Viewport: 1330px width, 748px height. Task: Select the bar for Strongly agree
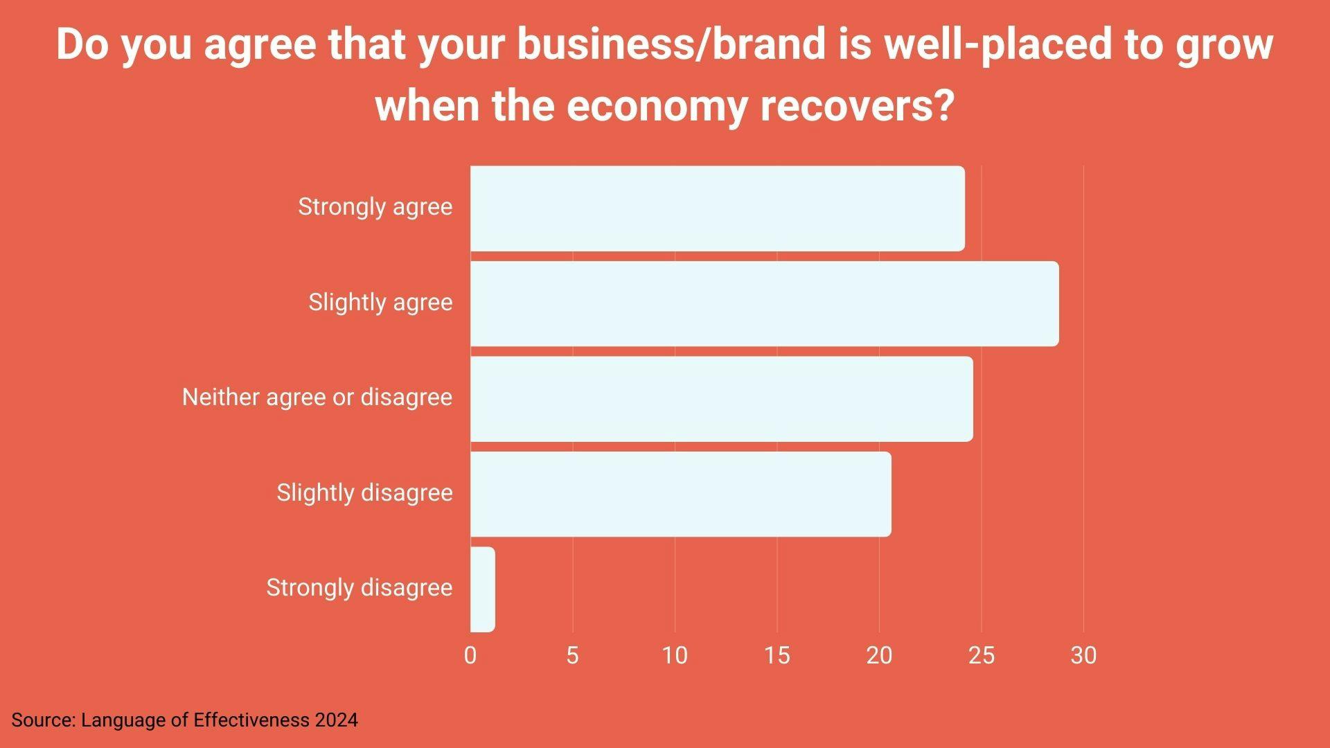[x=717, y=208]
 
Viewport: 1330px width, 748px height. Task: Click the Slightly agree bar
[x=764, y=303]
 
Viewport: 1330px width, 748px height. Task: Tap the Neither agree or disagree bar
[x=721, y=398]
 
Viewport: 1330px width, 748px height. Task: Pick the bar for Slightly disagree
[x=680, y=494]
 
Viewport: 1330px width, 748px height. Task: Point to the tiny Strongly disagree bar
[x=483, y=589]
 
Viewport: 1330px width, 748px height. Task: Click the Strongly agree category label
[x=375, y=206]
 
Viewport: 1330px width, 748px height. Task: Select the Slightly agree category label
[x=380, y=302]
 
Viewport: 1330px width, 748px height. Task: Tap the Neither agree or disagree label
[x=317, y=397]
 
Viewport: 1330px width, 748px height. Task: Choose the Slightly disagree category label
[x=364, y=492]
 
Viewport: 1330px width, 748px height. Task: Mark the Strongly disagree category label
[x=359, y=587]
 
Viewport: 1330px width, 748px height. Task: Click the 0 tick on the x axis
[x=470, y=655]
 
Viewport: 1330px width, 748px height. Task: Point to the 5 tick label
[x=572, y=655]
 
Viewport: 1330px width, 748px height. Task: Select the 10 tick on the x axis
[x=675, y=655]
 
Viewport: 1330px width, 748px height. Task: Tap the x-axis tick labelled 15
[x=777, y=655]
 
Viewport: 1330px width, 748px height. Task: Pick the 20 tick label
[x=879, y=655]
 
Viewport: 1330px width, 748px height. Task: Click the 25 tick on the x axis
[x=981, y=655]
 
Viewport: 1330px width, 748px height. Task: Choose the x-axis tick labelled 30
[x=1083, y=655]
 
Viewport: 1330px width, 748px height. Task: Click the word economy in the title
[x=657, y=106]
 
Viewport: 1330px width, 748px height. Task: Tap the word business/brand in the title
[x=671, y=44]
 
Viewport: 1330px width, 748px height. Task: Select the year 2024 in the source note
[x=336, y=720]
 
